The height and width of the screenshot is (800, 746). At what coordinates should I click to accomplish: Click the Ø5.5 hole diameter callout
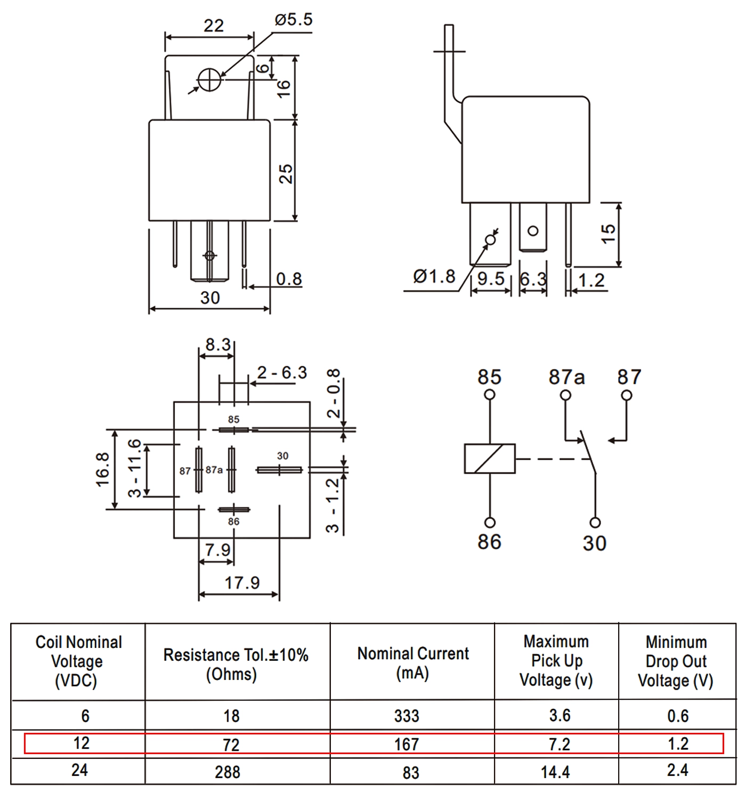294,19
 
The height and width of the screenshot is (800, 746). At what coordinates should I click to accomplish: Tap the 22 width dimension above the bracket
213,26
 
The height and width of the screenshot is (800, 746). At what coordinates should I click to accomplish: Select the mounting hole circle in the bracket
209,79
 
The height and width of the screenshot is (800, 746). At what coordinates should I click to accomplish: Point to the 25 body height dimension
286,174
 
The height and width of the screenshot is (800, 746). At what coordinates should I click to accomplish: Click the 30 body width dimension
210,298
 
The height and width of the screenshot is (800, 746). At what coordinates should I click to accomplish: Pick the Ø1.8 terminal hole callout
434,277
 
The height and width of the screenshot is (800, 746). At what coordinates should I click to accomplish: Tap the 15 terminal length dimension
609,234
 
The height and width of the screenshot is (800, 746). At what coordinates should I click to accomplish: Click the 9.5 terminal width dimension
491,279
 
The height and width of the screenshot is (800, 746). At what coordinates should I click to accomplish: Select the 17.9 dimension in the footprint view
242,582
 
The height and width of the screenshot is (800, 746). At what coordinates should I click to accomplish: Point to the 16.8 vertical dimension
103,470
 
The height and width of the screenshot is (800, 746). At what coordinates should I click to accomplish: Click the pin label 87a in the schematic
566,377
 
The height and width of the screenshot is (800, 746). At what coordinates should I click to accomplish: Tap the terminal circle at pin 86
490,523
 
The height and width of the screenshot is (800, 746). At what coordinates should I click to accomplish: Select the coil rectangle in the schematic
490,459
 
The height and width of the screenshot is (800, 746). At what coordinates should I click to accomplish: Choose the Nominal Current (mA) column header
413,663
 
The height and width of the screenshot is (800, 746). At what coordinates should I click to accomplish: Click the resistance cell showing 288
228,772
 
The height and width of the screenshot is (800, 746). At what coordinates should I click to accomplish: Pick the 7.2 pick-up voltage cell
559,744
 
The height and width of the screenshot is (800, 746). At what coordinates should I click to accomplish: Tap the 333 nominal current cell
407,716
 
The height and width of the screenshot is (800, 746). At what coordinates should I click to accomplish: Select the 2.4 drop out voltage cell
678,770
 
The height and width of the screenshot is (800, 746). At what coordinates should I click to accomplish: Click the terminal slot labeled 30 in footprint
279,470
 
